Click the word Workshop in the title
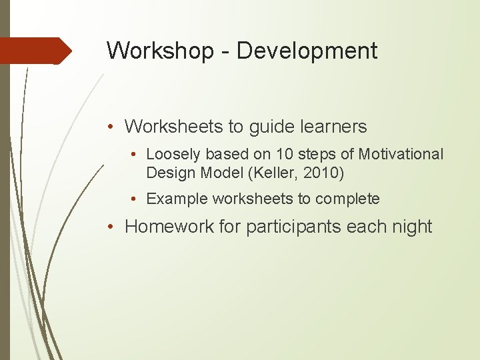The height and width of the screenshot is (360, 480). coord(158,51)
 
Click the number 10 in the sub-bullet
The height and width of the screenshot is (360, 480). coord(285,155)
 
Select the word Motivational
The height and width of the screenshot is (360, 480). coord(401,155)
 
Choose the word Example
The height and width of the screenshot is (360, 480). coord(177,199)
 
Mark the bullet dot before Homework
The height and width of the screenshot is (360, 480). coord(115,227)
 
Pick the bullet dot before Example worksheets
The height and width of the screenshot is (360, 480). coord(136,199)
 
